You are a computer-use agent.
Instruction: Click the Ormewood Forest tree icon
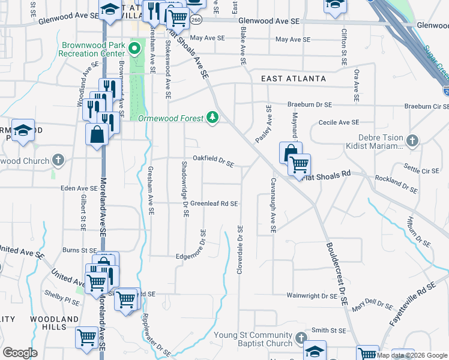tap(212, 118)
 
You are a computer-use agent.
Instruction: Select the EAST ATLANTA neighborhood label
tap(294, 79)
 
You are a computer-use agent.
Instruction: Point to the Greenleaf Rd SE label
tap(214, 203)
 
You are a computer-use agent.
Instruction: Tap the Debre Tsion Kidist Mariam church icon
tap(412, 142)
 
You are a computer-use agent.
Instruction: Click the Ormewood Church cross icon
tap(58, 161)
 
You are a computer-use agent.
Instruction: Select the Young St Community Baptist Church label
tap(254, 339)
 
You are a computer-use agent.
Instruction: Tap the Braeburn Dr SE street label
tap(310, 104)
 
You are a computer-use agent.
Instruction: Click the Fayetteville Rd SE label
tap(411, 304)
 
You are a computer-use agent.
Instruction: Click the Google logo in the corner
tap(20, 353)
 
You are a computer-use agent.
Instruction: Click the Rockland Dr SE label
tap(396, 184)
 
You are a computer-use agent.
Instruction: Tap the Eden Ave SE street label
tap(79, 188)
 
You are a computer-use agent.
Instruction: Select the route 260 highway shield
tap(196, 20)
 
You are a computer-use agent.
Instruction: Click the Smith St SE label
tap(328, 330)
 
